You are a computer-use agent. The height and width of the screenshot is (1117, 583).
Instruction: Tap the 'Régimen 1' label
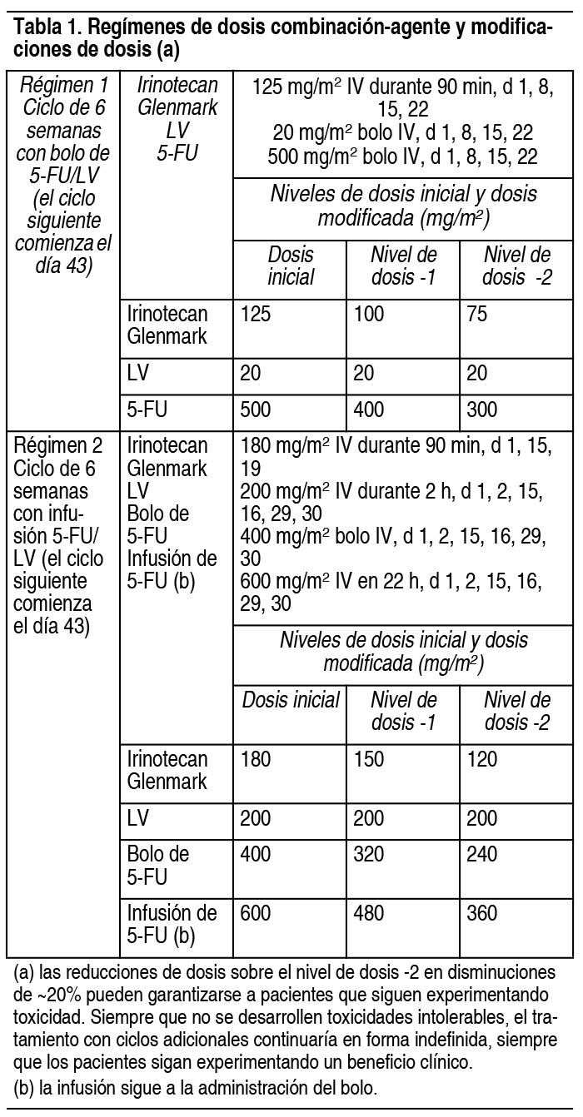pyautogui.click(x=63, y=86)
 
